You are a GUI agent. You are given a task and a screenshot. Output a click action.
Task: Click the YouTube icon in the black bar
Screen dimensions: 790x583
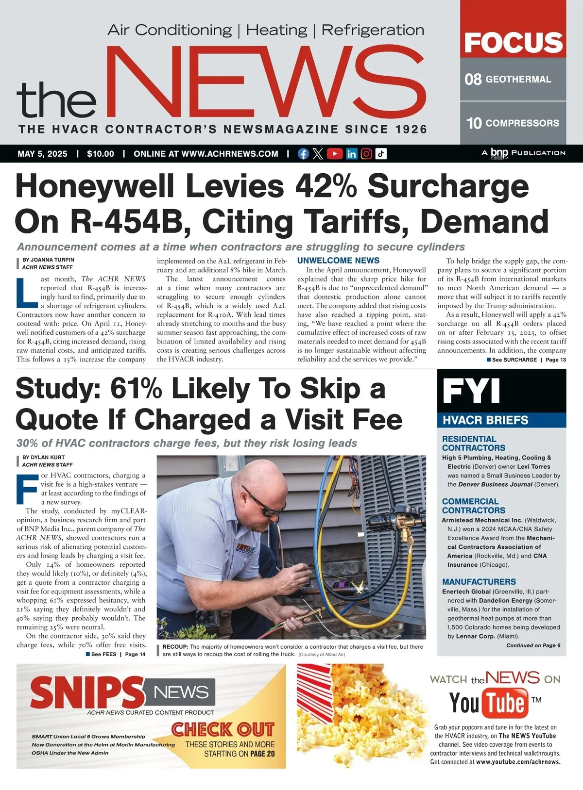click(x=335, y=154)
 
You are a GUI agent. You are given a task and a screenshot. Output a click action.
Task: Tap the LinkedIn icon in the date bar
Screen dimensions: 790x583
click(x=351, y=154)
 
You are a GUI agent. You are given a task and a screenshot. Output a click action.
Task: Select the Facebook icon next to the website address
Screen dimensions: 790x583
click(x=303, y=154)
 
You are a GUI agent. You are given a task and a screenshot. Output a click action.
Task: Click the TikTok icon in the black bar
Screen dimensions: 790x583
click(x=381, y=154)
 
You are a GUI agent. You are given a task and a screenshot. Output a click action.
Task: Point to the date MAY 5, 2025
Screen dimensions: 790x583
click(x=42, y=154)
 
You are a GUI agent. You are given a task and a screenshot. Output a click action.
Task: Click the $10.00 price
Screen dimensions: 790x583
click(x=101, y=154)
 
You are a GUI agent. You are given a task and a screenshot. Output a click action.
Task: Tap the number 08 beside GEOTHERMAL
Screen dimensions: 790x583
click(x=473, y=79)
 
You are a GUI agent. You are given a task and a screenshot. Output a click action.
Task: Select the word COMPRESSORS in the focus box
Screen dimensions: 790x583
click(x=522, y=123)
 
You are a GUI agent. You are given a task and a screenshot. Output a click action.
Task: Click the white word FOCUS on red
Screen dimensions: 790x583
click(x=514, y=43)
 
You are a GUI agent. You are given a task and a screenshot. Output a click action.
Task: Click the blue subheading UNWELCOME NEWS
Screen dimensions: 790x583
click(x=338, y=261)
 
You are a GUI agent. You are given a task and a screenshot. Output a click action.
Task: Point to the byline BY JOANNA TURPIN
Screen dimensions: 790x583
click(x=48, y=260)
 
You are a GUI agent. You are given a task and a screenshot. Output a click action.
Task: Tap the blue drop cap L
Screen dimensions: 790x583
click(x=27, y=293)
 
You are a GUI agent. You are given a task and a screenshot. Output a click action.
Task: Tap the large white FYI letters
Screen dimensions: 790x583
click(x=471, y=391)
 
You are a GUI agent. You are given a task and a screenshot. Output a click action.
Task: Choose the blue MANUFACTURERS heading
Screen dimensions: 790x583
click(x=479, y=581)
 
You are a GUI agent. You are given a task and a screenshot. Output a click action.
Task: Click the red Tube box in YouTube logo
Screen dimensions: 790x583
click(x=505, y=703)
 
